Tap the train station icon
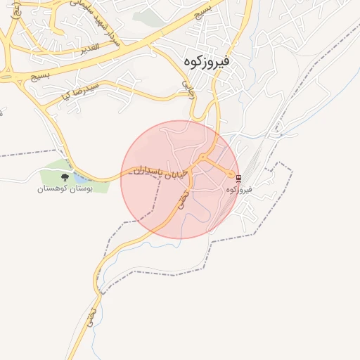click(238, 179)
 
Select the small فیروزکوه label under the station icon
click(240, 190)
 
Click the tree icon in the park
click(65, 177)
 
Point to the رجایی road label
click(189, 89)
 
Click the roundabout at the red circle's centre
click(202, 157)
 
